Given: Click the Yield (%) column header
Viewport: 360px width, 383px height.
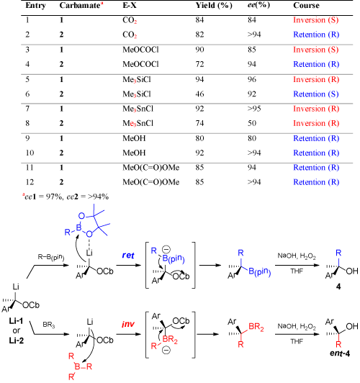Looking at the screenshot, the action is tap(214, 5).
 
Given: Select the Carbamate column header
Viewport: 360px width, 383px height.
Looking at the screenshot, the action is tap(81, 5).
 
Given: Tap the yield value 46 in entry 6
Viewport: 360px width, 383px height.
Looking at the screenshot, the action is tap(199, 94).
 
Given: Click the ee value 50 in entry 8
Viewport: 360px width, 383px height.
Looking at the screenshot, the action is tap(252, 123).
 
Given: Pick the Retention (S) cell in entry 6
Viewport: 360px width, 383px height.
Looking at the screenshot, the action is tap(316, 94).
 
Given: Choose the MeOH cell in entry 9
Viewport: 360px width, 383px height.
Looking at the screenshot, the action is tap(134, 138).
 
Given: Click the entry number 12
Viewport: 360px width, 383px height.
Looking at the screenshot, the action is tap(30, 182).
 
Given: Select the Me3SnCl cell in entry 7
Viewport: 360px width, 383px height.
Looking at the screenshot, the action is tap(138, 109).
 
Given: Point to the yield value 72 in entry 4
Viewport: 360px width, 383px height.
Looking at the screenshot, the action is tap(199, 64).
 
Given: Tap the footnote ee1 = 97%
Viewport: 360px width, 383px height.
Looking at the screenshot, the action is tap(42, 197).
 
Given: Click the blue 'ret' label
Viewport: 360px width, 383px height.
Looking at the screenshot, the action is tap(128, 256).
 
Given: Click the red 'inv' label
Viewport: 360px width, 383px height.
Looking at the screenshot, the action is tap(128, 324).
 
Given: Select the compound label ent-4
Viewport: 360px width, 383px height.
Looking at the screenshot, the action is tap(340, 353).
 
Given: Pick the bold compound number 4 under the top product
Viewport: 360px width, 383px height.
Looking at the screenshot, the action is tap(338, 287).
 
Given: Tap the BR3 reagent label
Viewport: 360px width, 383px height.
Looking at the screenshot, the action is tap(49, 325).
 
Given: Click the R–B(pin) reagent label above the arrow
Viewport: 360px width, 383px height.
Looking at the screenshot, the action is tap(51, 257).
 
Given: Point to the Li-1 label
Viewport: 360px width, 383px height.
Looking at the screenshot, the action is tap(17, 321).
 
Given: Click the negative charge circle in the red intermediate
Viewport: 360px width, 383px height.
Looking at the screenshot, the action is tap(166, 351).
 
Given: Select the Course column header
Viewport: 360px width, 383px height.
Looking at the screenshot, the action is tap(306, 5).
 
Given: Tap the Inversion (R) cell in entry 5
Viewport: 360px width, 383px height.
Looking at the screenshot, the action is tap(316, 79).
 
